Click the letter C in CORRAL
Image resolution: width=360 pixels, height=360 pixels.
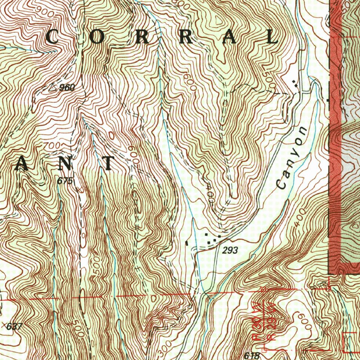[52, 37]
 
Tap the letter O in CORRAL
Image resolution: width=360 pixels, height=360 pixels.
[98, 38]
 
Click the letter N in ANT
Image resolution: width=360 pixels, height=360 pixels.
[66, 163]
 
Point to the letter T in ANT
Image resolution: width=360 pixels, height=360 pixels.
[108, 163]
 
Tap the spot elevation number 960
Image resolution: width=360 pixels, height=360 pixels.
[67, 88]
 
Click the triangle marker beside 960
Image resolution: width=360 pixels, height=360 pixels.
[53, 86]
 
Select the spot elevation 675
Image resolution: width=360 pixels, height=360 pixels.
[65, 181]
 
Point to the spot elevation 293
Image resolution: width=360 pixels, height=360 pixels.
[230, 250]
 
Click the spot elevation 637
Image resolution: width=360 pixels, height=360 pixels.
[14, 326]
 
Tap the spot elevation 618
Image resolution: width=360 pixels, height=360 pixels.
[252, 355]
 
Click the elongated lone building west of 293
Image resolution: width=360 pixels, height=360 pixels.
[187, 243]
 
